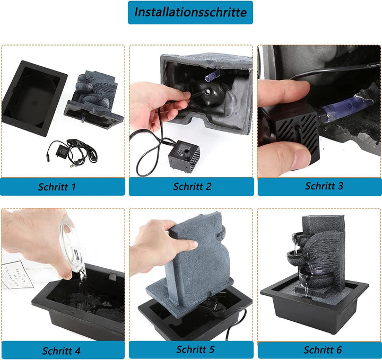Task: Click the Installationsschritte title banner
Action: tap(190, 12)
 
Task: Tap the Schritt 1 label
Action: tap(57, 187)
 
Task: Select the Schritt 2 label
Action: tap(192, 187)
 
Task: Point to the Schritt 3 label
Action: tap(324, 186)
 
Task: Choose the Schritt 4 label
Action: tap(61, 351)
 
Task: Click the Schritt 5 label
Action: tap(195, 349)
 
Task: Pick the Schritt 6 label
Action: tap(323, 350)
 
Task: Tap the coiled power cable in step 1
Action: tap(73, 152)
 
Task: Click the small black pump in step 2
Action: tap(184, 156)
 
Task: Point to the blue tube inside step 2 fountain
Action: tap(212, 75)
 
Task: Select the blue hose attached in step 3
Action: tap(345, 111)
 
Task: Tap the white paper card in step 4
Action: tap(17, 275)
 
